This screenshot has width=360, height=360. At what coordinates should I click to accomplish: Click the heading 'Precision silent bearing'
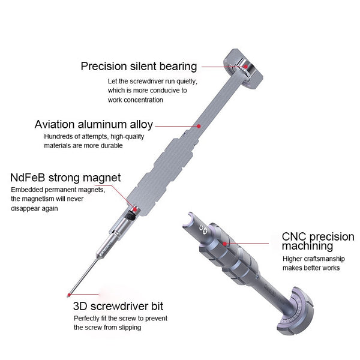click(139, 66)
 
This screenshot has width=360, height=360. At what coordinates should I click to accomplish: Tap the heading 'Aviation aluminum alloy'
click(94, 125)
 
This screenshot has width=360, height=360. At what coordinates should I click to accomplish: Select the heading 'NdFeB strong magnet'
click(65, 178)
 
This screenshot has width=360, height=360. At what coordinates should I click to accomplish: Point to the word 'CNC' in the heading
click(294, 235)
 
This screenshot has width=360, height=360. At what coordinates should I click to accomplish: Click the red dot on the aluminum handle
click(199, 127)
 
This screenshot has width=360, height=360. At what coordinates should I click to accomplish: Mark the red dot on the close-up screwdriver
click(224, 244)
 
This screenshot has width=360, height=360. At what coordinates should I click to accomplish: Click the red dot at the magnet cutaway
click(134, 209)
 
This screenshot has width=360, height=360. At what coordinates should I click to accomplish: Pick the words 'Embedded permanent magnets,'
click(58, 190)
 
